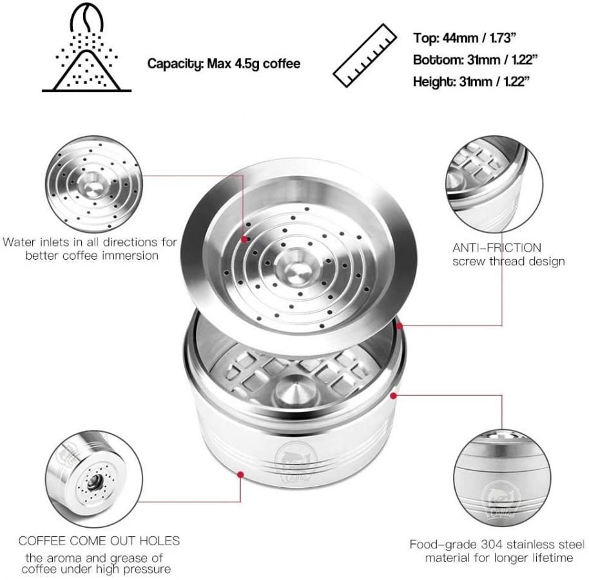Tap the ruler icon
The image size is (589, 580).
pyautogui.click(x=365, y=55)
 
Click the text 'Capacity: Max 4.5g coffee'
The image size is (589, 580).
pyautogui.click(x=224, y=64)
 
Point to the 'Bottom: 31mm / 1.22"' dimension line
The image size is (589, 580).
pyautogui.click(x=475, y=60)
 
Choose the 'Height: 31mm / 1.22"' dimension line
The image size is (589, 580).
pyautogui.click(x=472, y=81)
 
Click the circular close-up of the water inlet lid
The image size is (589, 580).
pyautogui.click(x=94, y=185)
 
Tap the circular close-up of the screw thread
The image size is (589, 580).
pyautogui.click(x=494, y=185)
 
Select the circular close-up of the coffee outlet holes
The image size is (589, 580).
pyautogui.click(x=94, y=479)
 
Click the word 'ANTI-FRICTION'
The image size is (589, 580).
pyautogui.click(x=497, y=248)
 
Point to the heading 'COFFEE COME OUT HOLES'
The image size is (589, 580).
pyautogui.click(x=99, y=541)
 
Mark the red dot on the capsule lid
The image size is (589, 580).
pyautogui.click(x=244, y=239)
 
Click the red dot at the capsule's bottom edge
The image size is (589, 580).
pyautogui.click(x=241, y=475)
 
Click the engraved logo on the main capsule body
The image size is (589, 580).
pyautogui.click(x=296, y=462)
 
